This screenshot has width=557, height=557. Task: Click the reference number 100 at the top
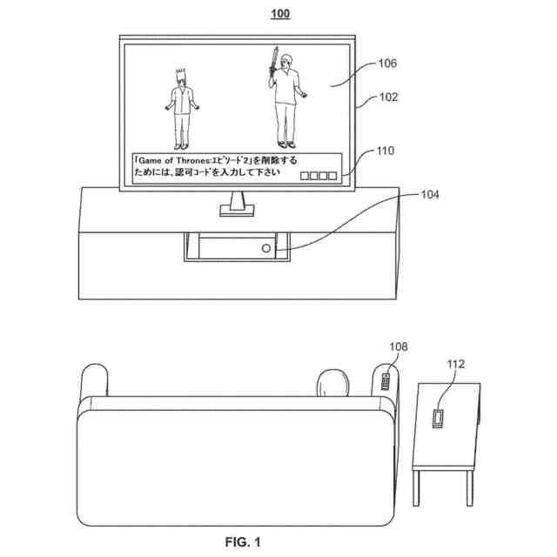(280, 13)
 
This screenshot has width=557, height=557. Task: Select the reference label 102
(388, 97)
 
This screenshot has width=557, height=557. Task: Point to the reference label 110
(384, 151)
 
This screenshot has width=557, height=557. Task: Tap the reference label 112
(456, 365)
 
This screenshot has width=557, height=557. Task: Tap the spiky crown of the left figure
(181, 74)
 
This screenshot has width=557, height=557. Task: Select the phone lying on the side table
(437, 417)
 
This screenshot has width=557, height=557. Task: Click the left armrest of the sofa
(94, 383)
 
